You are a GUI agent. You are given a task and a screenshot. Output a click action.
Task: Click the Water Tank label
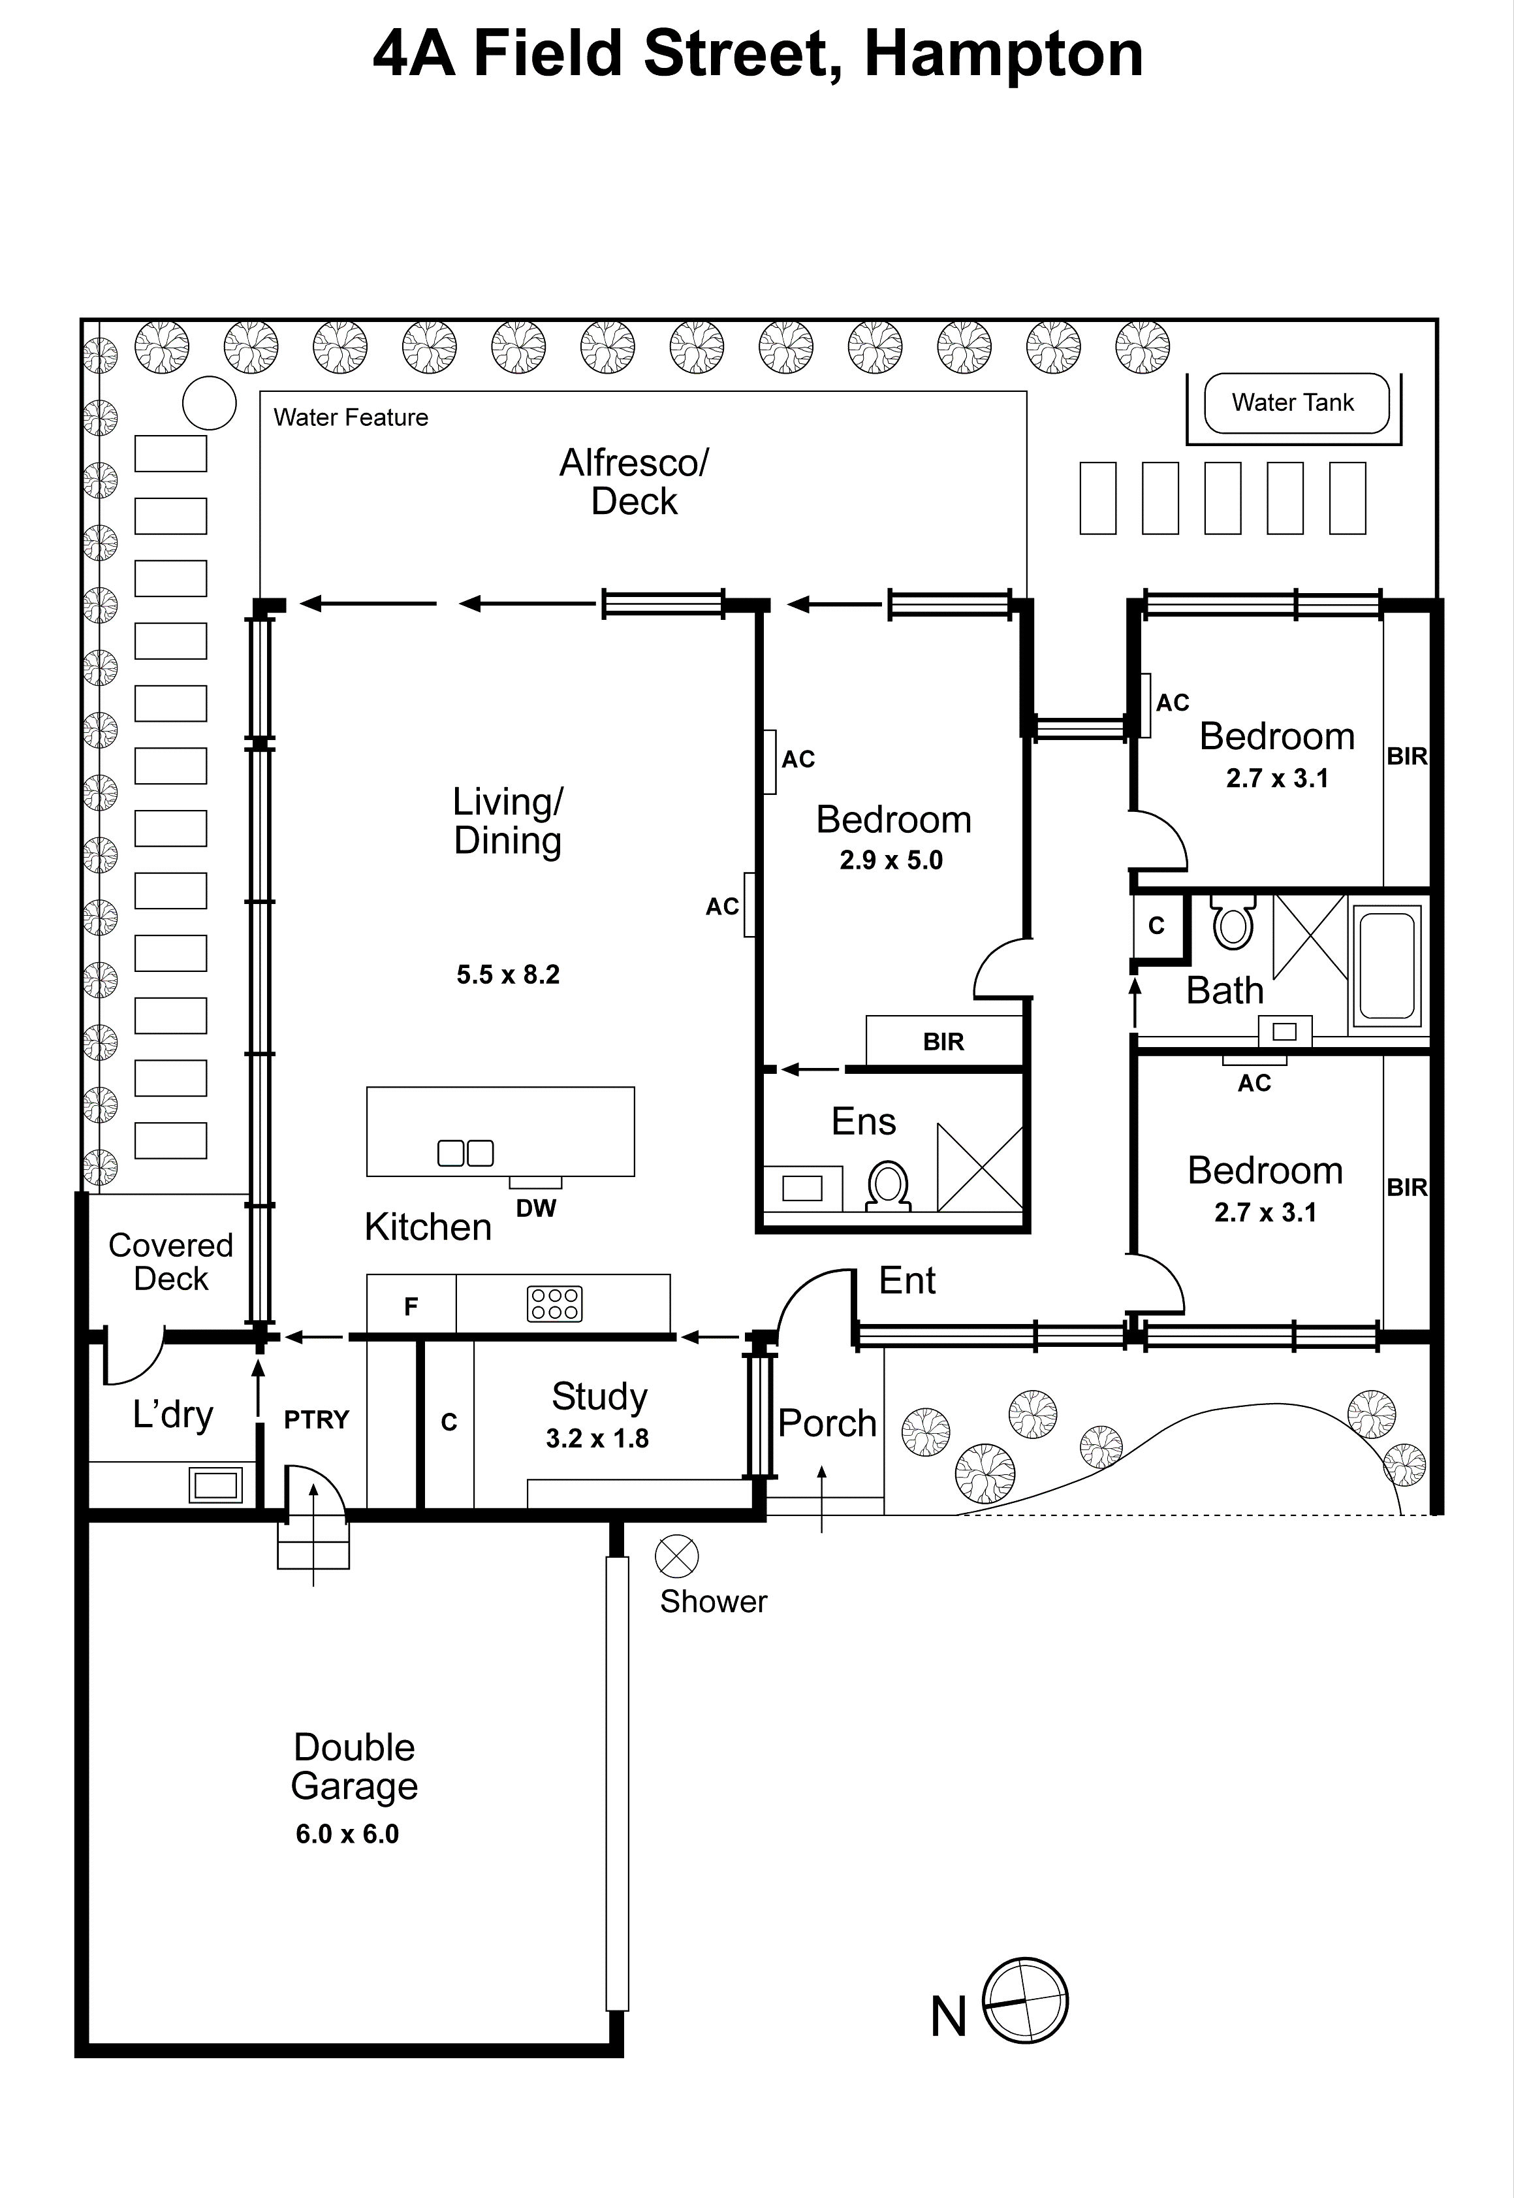[1292, 402]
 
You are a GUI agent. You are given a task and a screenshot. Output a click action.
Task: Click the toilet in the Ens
[888, 1186]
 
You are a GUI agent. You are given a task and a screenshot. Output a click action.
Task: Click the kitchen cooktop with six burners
[554, 1304]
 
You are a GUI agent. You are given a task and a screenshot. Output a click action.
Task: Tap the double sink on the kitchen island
[465, 1153]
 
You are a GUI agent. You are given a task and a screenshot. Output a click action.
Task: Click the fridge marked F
[411, 1307]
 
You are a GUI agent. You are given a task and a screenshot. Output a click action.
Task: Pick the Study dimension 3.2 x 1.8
[597, 1439]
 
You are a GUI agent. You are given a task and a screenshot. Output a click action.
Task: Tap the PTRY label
[317, 1420]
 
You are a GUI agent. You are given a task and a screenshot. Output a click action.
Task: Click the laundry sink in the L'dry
[216, 1484]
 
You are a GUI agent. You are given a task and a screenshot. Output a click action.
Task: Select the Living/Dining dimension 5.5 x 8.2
[507, 975]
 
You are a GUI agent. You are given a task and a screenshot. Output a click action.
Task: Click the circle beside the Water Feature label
[209, 403]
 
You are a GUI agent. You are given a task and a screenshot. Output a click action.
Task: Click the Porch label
[827, 1423]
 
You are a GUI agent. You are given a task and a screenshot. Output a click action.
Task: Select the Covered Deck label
[171, 1261]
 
